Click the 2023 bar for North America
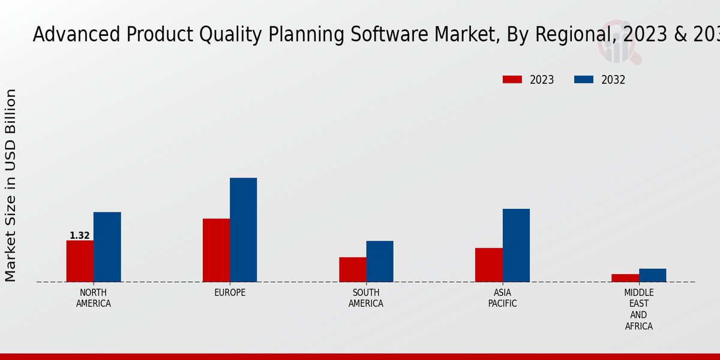(80, 261)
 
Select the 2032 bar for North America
(107, 247)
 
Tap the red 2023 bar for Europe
(216, 250)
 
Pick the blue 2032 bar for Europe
(243, 230)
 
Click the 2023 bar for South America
(352, 269)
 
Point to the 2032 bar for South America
(380, 262)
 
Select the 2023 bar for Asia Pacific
(488, 265)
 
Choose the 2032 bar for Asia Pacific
(516, 245)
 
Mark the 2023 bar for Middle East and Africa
(625, 278)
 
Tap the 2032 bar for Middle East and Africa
(652, 275)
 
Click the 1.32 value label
(80, 236)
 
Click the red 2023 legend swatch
(512, 80)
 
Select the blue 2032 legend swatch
(584, 80)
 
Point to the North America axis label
(94, 298)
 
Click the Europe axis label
(230, 293)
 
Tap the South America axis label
(366, 298)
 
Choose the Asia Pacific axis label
(503, 298)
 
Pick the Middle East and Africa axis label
(638, 310)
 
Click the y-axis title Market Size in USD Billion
(11, 185)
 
